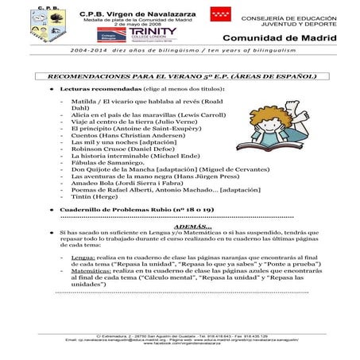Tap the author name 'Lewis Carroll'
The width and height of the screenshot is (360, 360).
187,115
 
